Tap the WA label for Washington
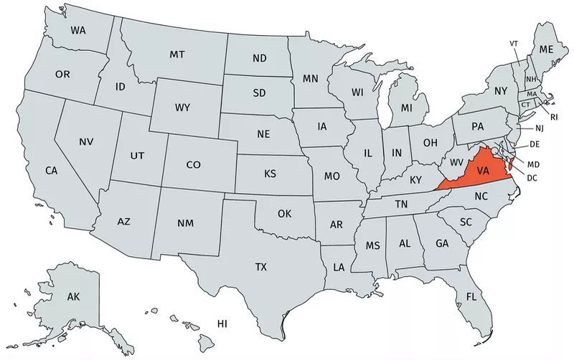click(80, 31)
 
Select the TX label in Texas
click(261, 267)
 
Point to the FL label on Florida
click(471, 297)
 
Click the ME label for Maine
click(547, 49)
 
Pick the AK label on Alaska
click(73, 297)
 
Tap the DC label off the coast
click(532, 177)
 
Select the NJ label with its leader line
click(540, 128)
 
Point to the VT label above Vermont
click(514, 44)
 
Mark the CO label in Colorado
click(194, 165)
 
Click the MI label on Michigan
click(407, 108)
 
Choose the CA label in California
click(51, 171)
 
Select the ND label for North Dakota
click(260, 58)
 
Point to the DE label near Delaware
click(535, 145)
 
